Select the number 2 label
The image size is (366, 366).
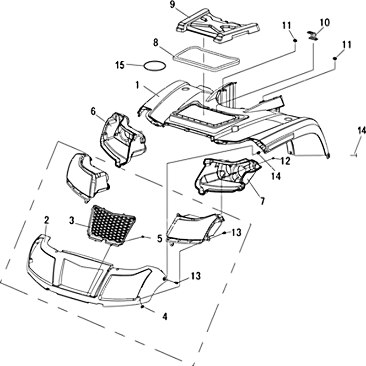pos(46,221)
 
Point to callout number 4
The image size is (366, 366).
pos(165,316)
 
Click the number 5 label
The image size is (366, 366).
pos(159,238)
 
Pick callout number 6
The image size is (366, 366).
pos(93,111)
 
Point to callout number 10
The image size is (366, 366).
pos(324,22)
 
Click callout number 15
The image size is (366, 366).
pos(120,65)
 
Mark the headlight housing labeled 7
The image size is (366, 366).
pos(226,176)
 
